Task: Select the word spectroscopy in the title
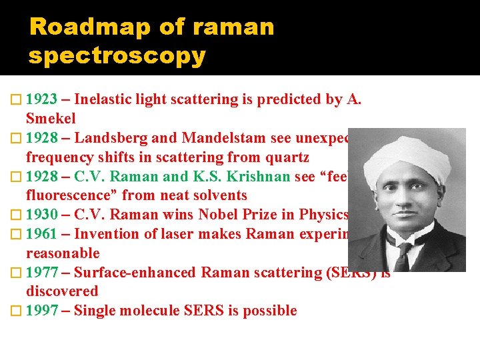point(117,55)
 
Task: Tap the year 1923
point(41,100)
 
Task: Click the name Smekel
point(51,119)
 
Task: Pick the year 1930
point(41,215)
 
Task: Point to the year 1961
point(41,234)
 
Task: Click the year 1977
point(41,273)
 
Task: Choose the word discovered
point(62,291)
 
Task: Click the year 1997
point(41,311)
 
